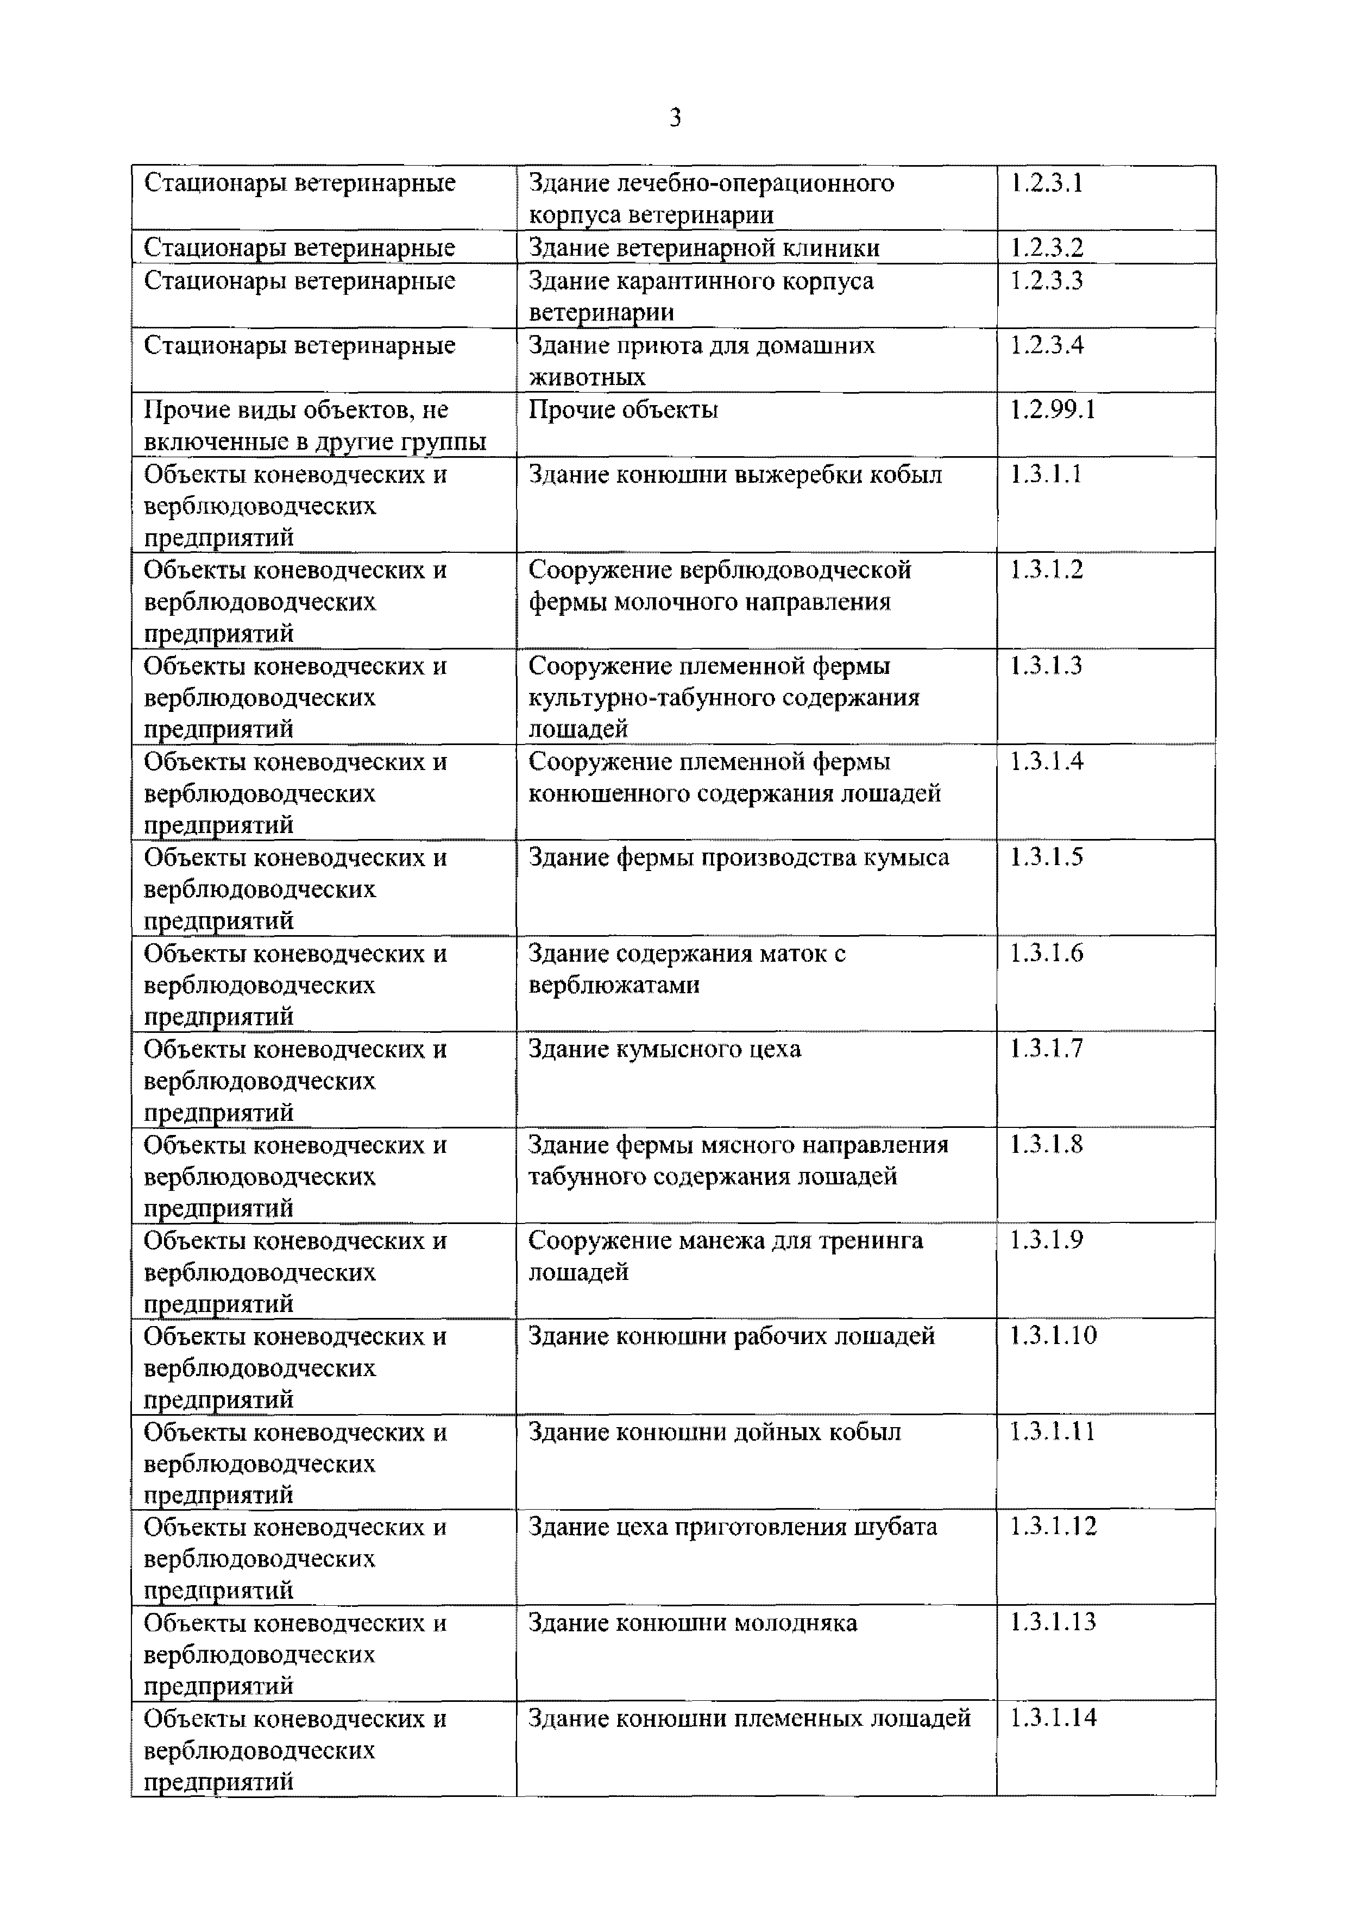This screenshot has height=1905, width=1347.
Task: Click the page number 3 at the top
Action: coord(675,118)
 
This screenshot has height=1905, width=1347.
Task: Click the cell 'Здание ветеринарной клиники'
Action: coord(704,247)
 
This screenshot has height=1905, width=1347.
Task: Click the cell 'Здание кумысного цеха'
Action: coord(664,1049)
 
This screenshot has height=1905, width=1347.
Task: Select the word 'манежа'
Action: coord(721,1240)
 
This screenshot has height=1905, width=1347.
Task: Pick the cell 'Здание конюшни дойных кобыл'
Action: coord(714,1431)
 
